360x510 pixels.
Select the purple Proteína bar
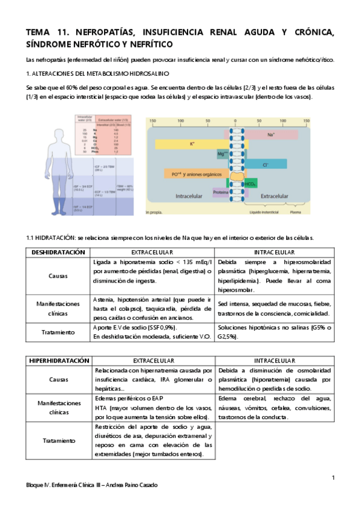click(220, 192)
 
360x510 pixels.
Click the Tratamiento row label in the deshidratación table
click(58, 332)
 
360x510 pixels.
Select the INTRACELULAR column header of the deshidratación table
click(274, 252)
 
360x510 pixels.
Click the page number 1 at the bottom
click(332, 478)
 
